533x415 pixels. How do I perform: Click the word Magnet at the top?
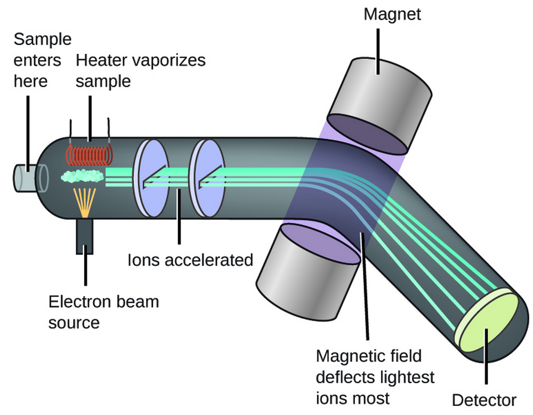[392, 14]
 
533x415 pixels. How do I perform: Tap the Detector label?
[484, 400]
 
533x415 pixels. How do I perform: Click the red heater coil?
[89, 153]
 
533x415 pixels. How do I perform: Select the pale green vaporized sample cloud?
[83, 175]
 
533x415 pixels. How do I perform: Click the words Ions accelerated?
[190, 260]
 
